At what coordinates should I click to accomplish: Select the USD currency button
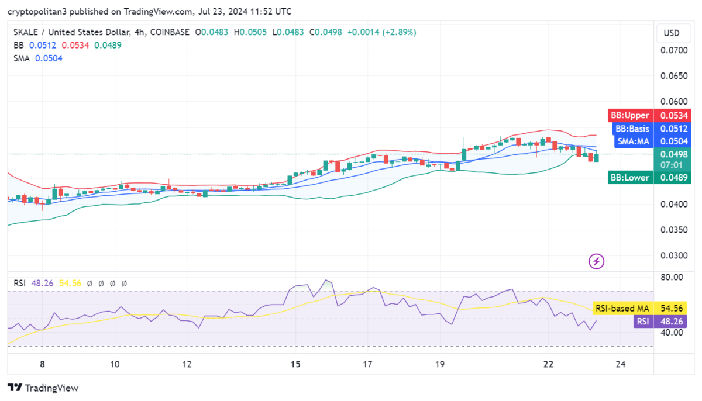pos(672,33)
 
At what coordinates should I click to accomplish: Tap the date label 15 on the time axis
pos(295,364)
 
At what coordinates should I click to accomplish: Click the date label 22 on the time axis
pos(548,364)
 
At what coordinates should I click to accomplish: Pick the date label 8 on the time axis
pos(42,364)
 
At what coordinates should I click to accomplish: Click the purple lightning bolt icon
pos(596,261)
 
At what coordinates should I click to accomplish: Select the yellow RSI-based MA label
pos(622,308)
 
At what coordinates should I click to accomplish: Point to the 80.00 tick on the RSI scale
pos(671,277)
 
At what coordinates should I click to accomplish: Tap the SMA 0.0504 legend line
pos(38,58)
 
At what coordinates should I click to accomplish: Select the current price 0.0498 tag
pos(672,154)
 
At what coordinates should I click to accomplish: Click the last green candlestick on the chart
pos(596,157)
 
